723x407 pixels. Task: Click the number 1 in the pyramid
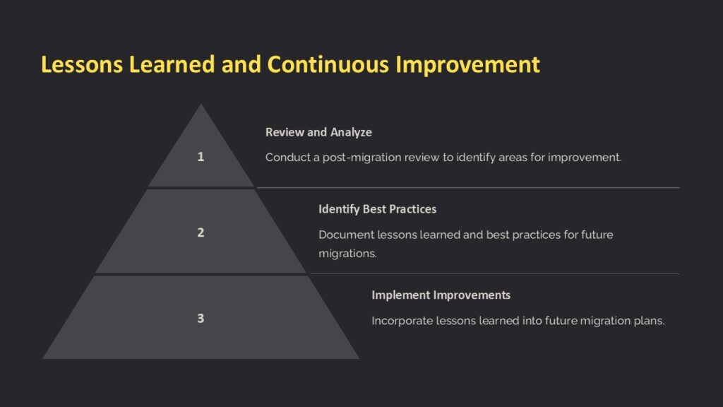coord(201,157)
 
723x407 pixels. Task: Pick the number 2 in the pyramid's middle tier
coord(201,232)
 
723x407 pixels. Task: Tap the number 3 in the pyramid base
coord(201,318)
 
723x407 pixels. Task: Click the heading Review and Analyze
coord(318,132)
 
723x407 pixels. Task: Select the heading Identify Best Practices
coord(377,209)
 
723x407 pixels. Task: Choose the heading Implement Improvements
coord(441,295)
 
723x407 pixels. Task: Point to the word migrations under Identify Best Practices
coord(347,253)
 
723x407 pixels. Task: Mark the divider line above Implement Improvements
coord(494,273)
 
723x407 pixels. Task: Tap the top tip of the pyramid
coord(201,106)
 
